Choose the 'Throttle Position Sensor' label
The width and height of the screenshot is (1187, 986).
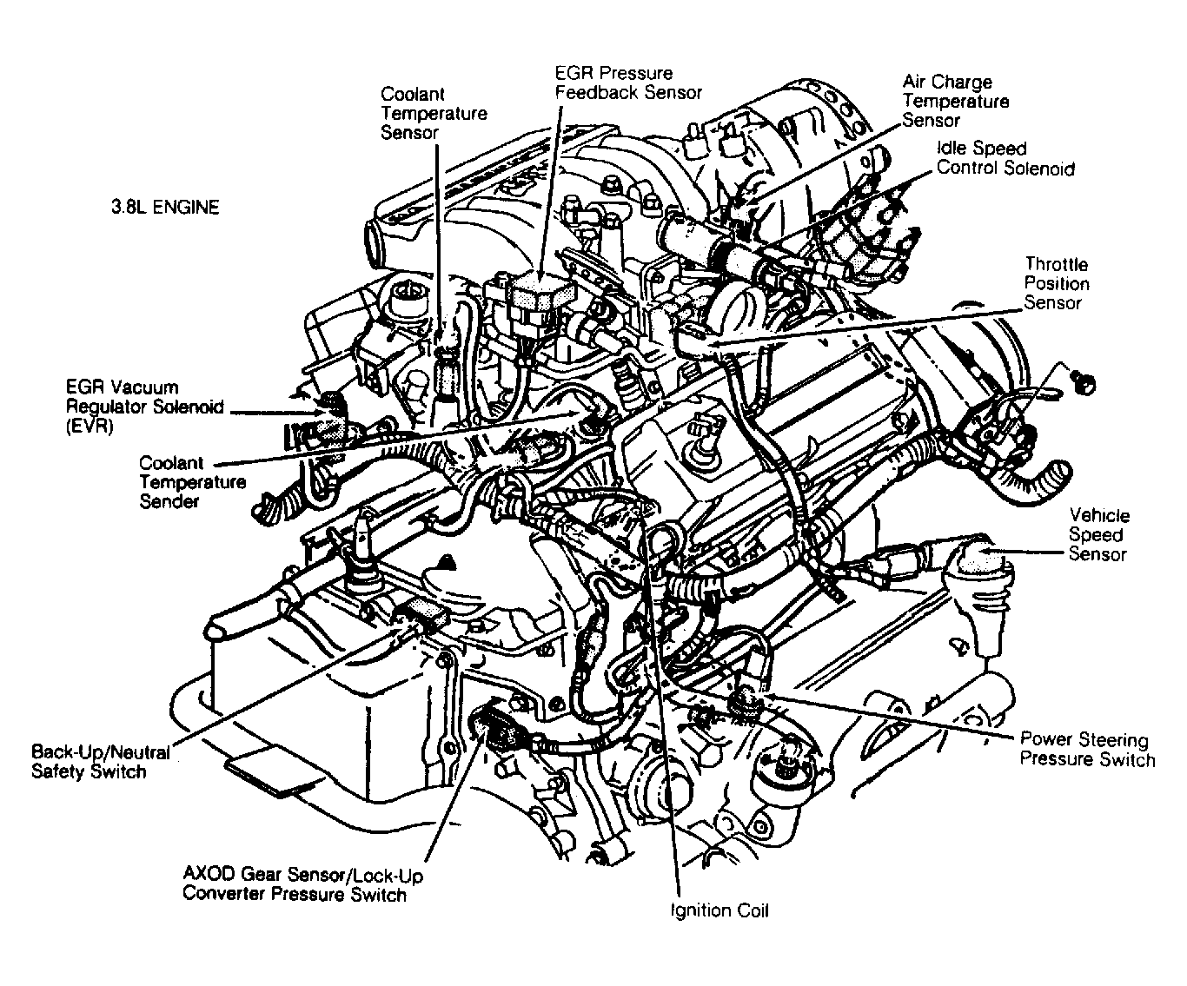(1055, 283)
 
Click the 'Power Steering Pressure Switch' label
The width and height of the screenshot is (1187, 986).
(1086, 750)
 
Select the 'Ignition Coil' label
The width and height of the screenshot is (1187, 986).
(719, 910)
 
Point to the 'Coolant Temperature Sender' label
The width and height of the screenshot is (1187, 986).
(192, 482)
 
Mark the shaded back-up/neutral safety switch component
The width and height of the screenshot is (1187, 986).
(422, 612)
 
